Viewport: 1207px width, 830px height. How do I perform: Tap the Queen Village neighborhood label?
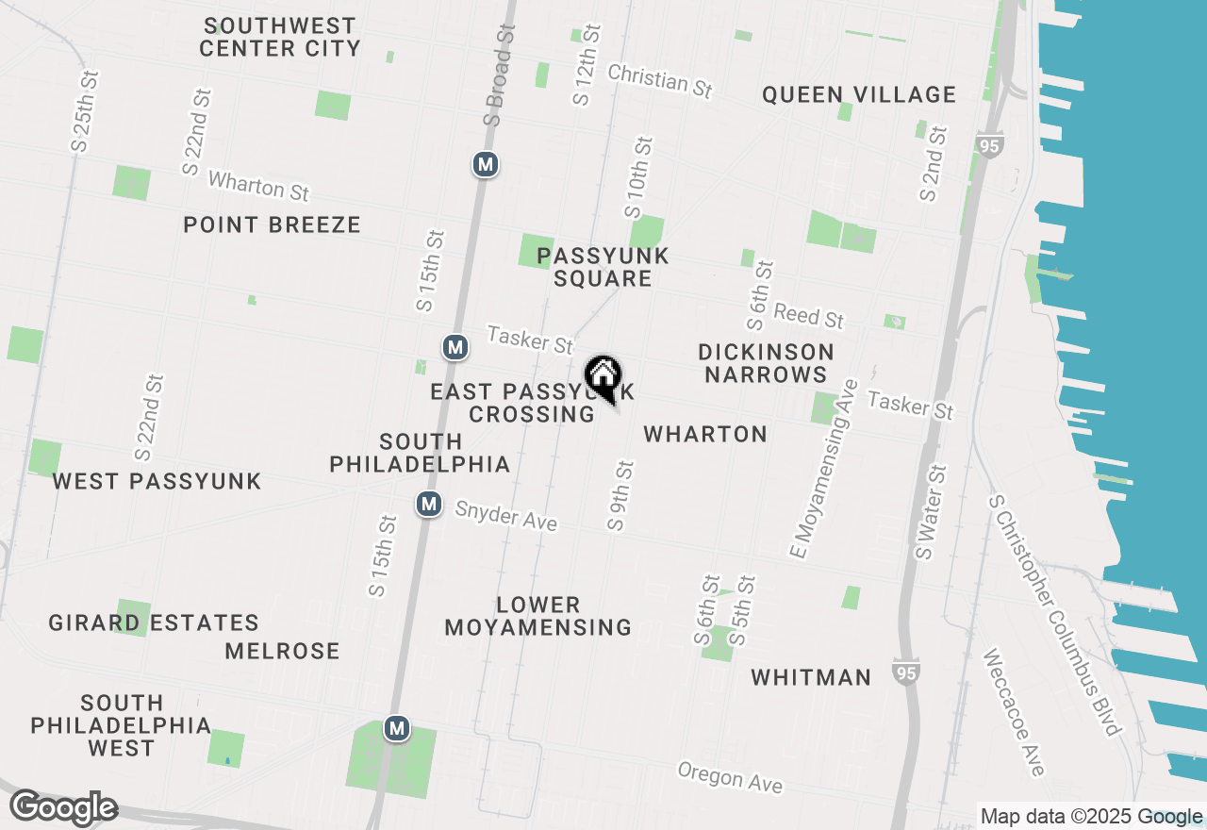[x=859, y=94]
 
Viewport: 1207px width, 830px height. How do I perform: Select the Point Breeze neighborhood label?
[x=272, y=224]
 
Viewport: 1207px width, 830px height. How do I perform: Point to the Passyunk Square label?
[x=603, y=267]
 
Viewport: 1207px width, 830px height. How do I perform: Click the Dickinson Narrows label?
[x=766, y=363]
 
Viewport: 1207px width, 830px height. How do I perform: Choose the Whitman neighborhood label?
[x=811, y=677]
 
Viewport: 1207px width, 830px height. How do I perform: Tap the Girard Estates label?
[x=154, y=623]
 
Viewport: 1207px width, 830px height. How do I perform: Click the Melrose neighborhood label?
[x=282, y=651]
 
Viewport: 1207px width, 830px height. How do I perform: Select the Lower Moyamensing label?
[x=538, y=616]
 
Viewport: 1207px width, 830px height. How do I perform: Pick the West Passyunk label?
[x=157, y=481]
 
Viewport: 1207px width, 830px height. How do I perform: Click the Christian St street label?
[x=659, y=81]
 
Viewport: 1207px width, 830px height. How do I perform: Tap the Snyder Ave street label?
[x=505, y=516]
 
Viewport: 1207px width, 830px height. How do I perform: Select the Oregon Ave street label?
[x=730, y=777]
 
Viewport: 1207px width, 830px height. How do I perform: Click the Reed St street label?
[x=808, y=316]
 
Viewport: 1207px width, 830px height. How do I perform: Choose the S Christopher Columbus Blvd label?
[x=1054, y=613]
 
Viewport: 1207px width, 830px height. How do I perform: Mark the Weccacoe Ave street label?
[x=1013, y=712]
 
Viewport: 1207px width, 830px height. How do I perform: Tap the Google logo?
[x=63, y=808]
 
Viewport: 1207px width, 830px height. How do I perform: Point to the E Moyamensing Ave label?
[x=823, y=468]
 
